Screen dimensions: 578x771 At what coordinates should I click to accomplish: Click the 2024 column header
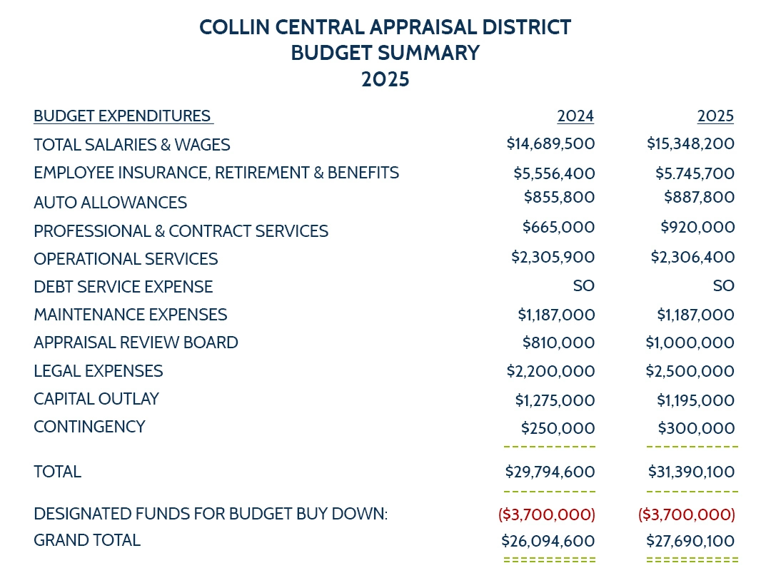(x=575, y=116)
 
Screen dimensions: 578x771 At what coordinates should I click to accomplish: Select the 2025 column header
(x=715, y=116)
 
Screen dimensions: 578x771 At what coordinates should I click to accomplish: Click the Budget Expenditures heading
(x=122, y=116)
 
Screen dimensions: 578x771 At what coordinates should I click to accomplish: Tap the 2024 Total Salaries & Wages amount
(x=550, y=143)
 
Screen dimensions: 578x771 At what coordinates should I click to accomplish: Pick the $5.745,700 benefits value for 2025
(x=695, y=173)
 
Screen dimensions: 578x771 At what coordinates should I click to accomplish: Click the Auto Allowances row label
(x=110, y=203)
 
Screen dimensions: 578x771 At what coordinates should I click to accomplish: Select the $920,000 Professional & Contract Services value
(x=697, y=228)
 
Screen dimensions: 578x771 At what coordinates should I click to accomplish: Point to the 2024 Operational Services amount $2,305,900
(x=553, y=257)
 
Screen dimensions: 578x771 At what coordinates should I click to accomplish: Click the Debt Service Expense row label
(x=123, y=287)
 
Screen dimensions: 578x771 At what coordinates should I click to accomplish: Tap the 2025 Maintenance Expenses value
(x=695, y=315)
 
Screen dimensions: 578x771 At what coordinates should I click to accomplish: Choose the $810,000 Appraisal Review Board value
(x=558, y=343)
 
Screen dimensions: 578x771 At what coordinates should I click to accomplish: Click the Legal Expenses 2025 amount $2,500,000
(x=690, y=371)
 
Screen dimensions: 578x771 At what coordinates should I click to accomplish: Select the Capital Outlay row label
(x=96, y=399)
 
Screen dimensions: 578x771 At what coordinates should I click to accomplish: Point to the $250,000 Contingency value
(x=558, y=428)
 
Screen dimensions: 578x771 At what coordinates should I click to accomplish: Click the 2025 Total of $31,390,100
(x=691, y=472)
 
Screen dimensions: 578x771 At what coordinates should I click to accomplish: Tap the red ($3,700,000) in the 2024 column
(x=546, y=514)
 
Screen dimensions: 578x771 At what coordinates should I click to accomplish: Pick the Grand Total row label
(x=87, y=540)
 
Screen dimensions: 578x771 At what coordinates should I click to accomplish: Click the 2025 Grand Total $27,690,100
(x=690, y=542)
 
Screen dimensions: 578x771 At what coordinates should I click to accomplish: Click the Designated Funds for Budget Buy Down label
(x=211, y=514)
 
